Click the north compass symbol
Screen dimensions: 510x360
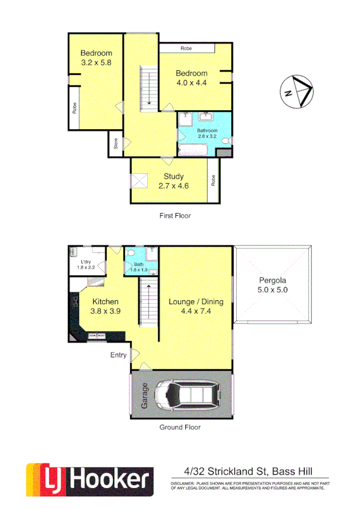tap(296, 91)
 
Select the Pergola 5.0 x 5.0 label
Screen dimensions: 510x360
tap(273, 284)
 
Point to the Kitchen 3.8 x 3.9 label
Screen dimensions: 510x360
tap(105, 306)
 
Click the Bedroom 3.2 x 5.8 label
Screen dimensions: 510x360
tap(96, 57)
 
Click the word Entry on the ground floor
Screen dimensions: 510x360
tap(118, 355)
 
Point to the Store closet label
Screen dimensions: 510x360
tap(115, 145)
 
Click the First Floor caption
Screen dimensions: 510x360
tap(175, 215)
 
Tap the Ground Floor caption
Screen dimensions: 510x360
tap(180, 428)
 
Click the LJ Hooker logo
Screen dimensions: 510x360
tap(90, 479)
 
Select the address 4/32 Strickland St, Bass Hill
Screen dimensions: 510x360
tap(247, 472)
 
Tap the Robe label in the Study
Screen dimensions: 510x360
tap(213, 180)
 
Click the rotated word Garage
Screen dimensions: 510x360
tap(144, 396)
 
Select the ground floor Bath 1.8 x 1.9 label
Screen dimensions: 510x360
tap(139, 266)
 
